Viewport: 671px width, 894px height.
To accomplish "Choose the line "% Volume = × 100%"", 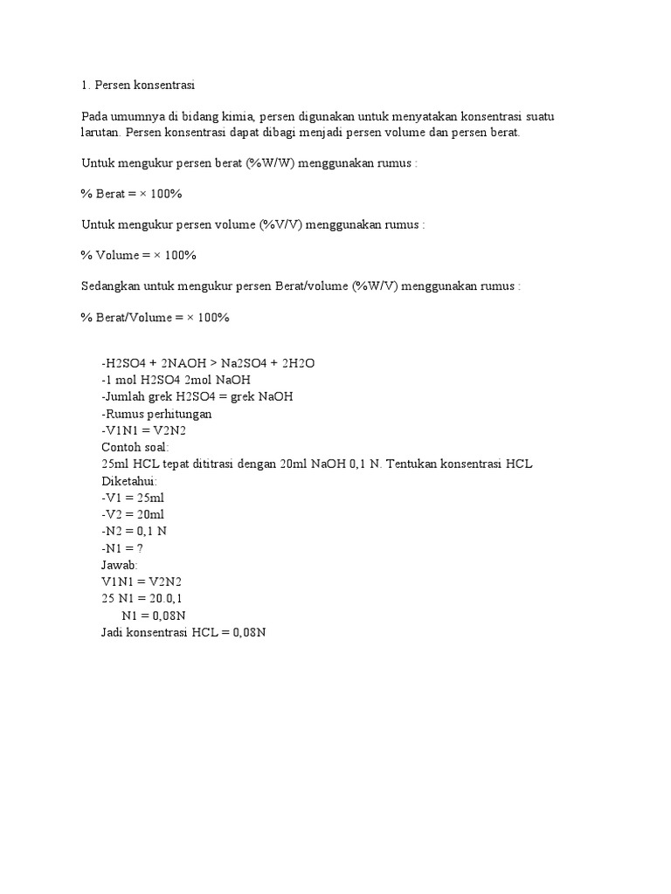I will tap(139, 255).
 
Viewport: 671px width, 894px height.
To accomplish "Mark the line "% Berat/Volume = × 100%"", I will tap(155, 318).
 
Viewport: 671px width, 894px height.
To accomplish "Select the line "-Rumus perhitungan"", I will tap(156, 414).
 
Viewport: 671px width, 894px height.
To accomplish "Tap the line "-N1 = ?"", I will tap(122, 547).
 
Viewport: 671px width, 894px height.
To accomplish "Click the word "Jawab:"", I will tap(120, 564).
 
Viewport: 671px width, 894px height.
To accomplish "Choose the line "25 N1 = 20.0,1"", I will tap(142, 598).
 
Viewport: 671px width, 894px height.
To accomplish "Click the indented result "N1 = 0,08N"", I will tap(154, 615).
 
